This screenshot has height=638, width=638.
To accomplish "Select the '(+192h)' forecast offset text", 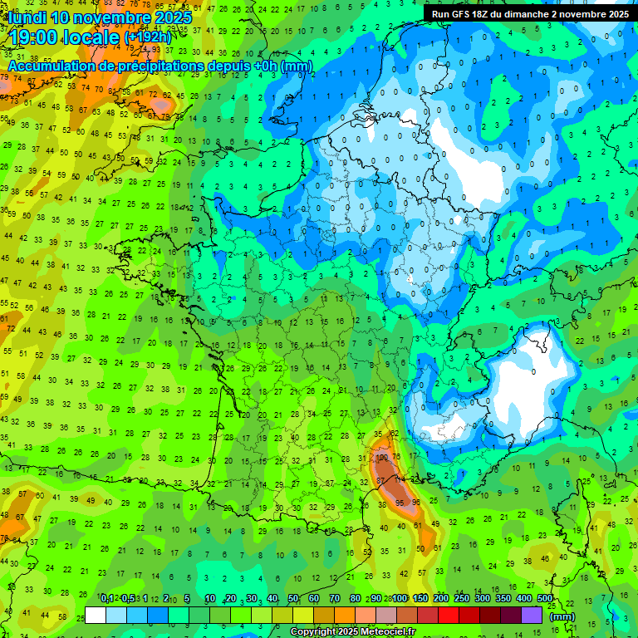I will pyautogui.click(x=147, y=37).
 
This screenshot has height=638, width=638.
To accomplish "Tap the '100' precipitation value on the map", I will pyautogui.click(x=382, y=457).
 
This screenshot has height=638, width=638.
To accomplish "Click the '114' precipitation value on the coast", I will pyautogui.click(x=399, y=479).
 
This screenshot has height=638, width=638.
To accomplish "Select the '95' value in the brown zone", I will pyautogui.click(x=402, y=503).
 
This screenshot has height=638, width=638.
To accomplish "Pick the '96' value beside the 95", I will pyautogui.click(x=416, y=503).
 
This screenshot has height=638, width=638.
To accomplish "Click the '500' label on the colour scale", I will pyautogui.click(x=544, y=598).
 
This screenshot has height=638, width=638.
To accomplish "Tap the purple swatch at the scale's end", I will pyautogui.click(x=532, y=616).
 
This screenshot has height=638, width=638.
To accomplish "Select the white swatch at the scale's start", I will pyautogui.click(x=96, y=616).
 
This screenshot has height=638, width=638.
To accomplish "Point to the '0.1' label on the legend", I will pyautogui.click(x=106, y=598).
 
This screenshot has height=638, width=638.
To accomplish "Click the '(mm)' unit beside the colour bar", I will pyautogui.click(x=563, y=616).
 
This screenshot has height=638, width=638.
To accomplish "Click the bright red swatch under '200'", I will pyautogui.click(x=448, y=616).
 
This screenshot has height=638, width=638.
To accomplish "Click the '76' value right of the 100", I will pyautogui.click(x=398, y=457).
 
